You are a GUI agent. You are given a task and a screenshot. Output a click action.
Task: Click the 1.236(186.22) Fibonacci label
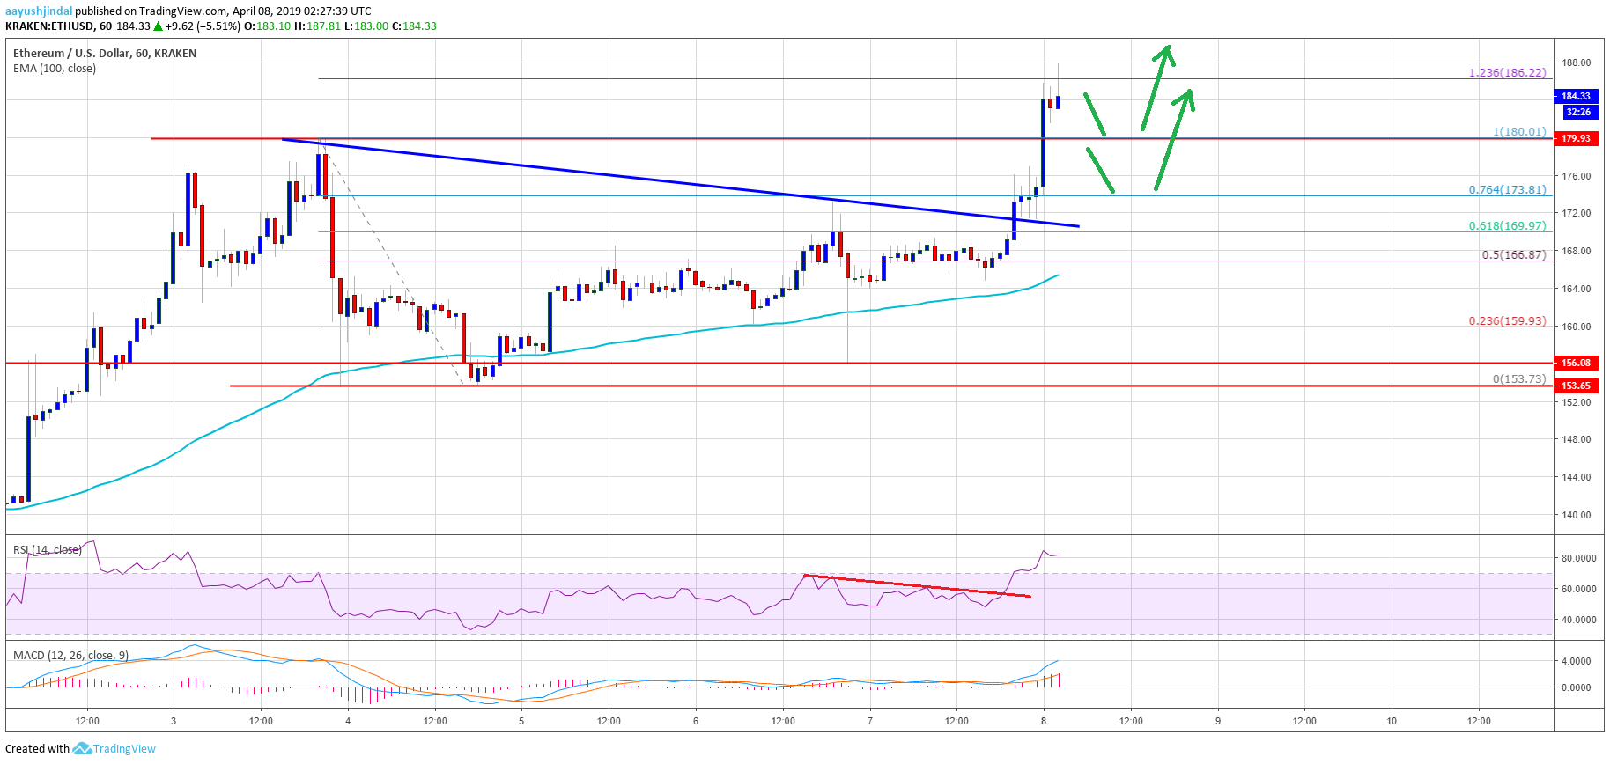pos(1507,73)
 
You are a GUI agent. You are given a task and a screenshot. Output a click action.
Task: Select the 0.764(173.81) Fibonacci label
pos(1507,190)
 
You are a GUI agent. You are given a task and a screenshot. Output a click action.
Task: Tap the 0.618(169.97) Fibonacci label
pos(1507,226)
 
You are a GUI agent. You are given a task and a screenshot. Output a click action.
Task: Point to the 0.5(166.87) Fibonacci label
pos(1513,255)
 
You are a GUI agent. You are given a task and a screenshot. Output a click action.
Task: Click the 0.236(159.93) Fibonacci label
pos(1507,321)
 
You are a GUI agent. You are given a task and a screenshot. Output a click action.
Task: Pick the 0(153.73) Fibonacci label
pos(1518,379)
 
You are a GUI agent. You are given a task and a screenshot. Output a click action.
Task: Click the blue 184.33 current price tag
pos(1577,96)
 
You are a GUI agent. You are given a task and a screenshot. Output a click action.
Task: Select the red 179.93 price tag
pos(1577,138)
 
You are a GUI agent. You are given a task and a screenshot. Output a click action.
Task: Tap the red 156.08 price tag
pos(1577,363)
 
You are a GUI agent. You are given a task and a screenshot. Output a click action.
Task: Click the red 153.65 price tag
pos(1577,386)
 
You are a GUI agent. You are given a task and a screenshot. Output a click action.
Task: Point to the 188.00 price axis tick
pos(1577,62)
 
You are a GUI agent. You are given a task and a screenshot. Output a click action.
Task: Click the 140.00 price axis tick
pos(1577,515)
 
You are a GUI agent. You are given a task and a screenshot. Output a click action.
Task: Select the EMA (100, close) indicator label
pos(55,69)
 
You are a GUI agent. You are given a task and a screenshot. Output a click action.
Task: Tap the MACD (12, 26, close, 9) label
pos(70,656)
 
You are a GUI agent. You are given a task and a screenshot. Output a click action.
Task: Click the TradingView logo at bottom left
pos(114,749)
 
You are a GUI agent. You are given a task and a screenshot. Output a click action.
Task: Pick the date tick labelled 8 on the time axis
pos(1044,721)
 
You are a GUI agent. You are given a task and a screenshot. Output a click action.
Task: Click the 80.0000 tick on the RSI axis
pos(1578,558)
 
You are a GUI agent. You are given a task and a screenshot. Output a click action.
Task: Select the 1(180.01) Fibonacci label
pos(1519,132)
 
